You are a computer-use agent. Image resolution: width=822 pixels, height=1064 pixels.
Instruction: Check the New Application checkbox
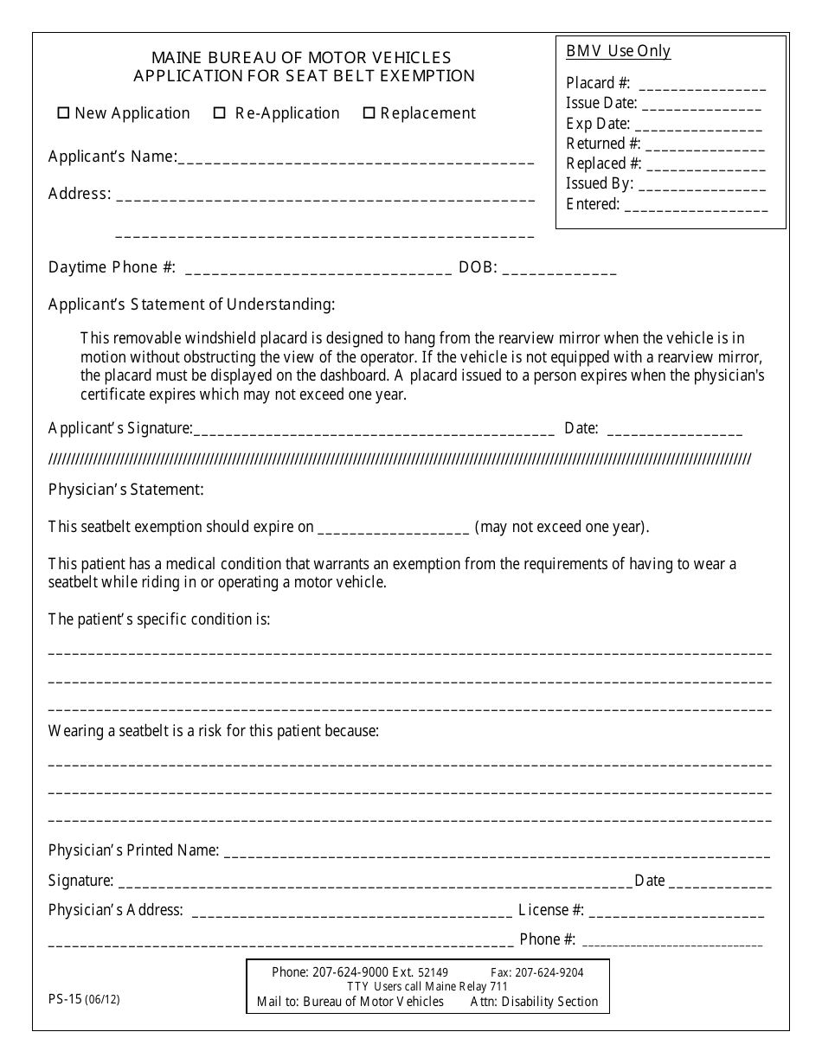(x=63, y=113)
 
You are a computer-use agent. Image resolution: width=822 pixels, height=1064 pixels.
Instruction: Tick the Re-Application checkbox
(x=220, y=113)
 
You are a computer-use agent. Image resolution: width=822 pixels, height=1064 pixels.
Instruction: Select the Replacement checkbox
(x=369, y=113)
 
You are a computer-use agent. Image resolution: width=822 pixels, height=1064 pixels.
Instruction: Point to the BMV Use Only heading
(x=618, y=51)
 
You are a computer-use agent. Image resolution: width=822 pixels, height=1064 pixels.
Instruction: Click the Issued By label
(x=600, y=183)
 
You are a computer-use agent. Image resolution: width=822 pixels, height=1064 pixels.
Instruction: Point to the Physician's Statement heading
(x=126, y=490)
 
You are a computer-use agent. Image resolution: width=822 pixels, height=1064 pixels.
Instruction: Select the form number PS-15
(x=65, y=997)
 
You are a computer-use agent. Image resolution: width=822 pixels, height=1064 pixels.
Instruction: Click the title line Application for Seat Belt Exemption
(x=304, y=76)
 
